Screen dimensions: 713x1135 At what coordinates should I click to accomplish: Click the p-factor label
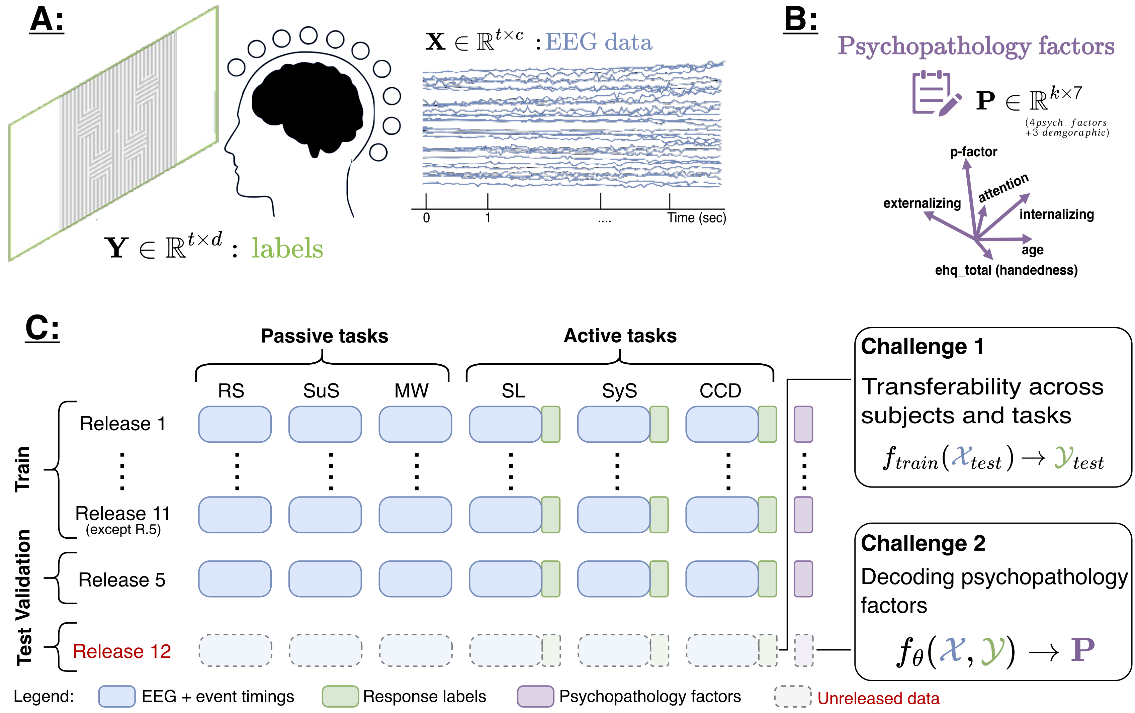pos(973,152)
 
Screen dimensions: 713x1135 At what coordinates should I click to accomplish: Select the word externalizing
pos(922,203)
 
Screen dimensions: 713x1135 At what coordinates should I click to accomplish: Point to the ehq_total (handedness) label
pos(1006,270)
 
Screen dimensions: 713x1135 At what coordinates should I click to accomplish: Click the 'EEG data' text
pos(599,42)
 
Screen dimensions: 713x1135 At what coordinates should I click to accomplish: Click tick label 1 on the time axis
pos(488,218)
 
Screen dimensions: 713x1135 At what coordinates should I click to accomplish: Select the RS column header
pos(231,391)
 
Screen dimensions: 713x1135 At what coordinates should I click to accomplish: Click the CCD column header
pos(720,391)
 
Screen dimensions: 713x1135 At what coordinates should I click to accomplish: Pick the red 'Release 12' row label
pos(121,651)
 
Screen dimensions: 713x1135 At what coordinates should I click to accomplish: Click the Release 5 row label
pos(121,580)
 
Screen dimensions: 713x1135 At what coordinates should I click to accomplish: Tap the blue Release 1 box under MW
pos(415,424)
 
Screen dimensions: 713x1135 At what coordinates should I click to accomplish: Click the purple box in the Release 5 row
pos(803,579)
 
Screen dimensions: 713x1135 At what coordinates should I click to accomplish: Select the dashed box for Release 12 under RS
pos(235,650)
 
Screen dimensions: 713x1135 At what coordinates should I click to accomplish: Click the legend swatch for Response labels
pos(340,697)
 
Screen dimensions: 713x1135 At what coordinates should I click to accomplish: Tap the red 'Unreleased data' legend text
pos(878,698)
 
